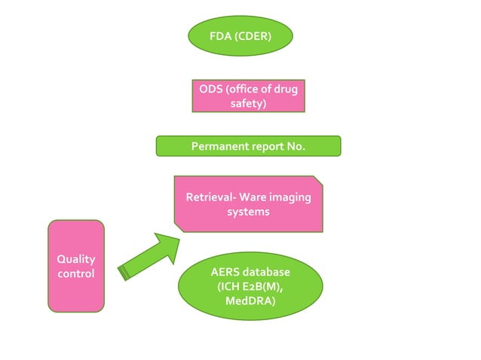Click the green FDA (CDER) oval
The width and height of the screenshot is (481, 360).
(x=240, y=35)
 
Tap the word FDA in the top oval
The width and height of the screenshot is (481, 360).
(x=221, y=36)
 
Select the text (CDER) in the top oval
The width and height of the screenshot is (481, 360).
(x=253, y=36)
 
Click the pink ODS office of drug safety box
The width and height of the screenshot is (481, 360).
(x=248, y=96)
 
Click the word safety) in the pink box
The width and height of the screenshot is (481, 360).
(x=248, y=104)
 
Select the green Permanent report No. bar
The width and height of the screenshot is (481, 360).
(x=248, y=146)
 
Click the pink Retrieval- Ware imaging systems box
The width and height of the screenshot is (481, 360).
(x=248, y=204)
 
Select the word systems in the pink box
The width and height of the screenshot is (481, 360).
(x=248, y=212)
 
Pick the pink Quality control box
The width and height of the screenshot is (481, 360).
(x=76, y=266)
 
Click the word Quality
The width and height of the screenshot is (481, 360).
(x=76, y=259)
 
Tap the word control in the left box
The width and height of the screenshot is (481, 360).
(x=76, y=273)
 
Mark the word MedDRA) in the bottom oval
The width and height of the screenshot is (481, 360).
(x=250, y=301)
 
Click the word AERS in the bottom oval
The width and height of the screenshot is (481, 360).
(x=226, y=271)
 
